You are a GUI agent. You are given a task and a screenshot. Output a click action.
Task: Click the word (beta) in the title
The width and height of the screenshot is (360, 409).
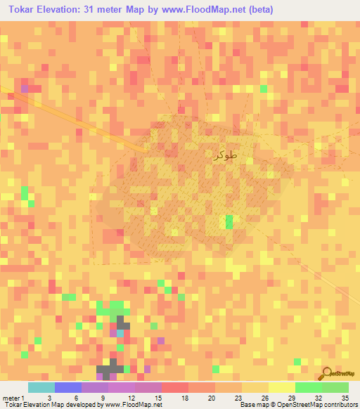click(257, 10)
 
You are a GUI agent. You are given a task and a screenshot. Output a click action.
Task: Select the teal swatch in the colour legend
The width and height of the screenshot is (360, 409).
click(41, 387)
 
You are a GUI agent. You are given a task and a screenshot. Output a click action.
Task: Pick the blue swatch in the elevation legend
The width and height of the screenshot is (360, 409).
click(68, 387)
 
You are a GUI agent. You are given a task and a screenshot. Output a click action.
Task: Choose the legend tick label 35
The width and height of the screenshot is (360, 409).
click(344, 397)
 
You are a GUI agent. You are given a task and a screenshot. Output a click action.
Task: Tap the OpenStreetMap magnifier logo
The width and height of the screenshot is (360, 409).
click(327, 372)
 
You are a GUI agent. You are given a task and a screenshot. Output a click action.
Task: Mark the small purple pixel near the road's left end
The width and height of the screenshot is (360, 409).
click(25, 89)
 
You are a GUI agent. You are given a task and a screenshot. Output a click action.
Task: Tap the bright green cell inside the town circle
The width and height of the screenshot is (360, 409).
click(229, 222)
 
